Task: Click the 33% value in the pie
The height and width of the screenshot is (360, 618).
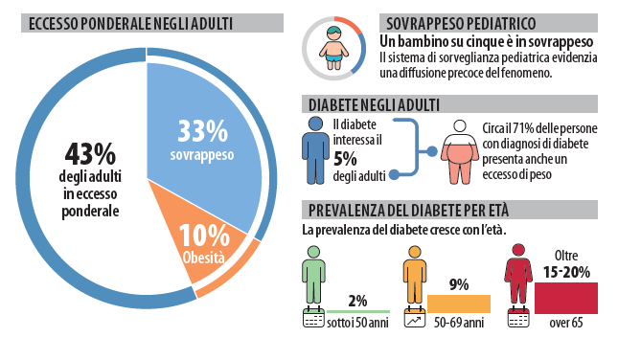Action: coord(202,131)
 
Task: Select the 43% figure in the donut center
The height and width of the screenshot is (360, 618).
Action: coord(90,154)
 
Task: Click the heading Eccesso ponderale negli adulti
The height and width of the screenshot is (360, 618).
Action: coord(130,24)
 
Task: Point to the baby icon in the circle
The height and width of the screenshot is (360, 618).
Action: coord(333,48)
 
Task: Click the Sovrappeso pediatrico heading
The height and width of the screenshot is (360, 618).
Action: coord(461,24)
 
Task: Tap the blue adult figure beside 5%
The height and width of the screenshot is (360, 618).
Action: coord(315,150)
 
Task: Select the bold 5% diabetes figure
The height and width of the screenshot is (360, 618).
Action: coord(345,159)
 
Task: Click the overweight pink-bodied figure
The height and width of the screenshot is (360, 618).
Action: coord(460,152)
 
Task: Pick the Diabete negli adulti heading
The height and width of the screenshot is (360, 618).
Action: coord(374,105)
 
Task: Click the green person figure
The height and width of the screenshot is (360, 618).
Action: coord(313,276)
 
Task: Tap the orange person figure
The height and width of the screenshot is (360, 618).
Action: coord(415,276)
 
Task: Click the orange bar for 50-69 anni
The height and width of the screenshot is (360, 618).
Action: coord(459,304)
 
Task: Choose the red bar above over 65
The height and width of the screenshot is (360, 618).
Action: coord(566,298)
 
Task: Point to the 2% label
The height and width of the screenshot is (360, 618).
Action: coord(357,301)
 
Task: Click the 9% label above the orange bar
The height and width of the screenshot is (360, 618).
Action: coord(459,284)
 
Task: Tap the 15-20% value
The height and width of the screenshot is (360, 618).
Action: coord(566,272)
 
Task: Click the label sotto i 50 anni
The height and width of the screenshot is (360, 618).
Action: coord(357,323)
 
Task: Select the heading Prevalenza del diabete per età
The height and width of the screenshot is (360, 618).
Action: coord(408,211)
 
